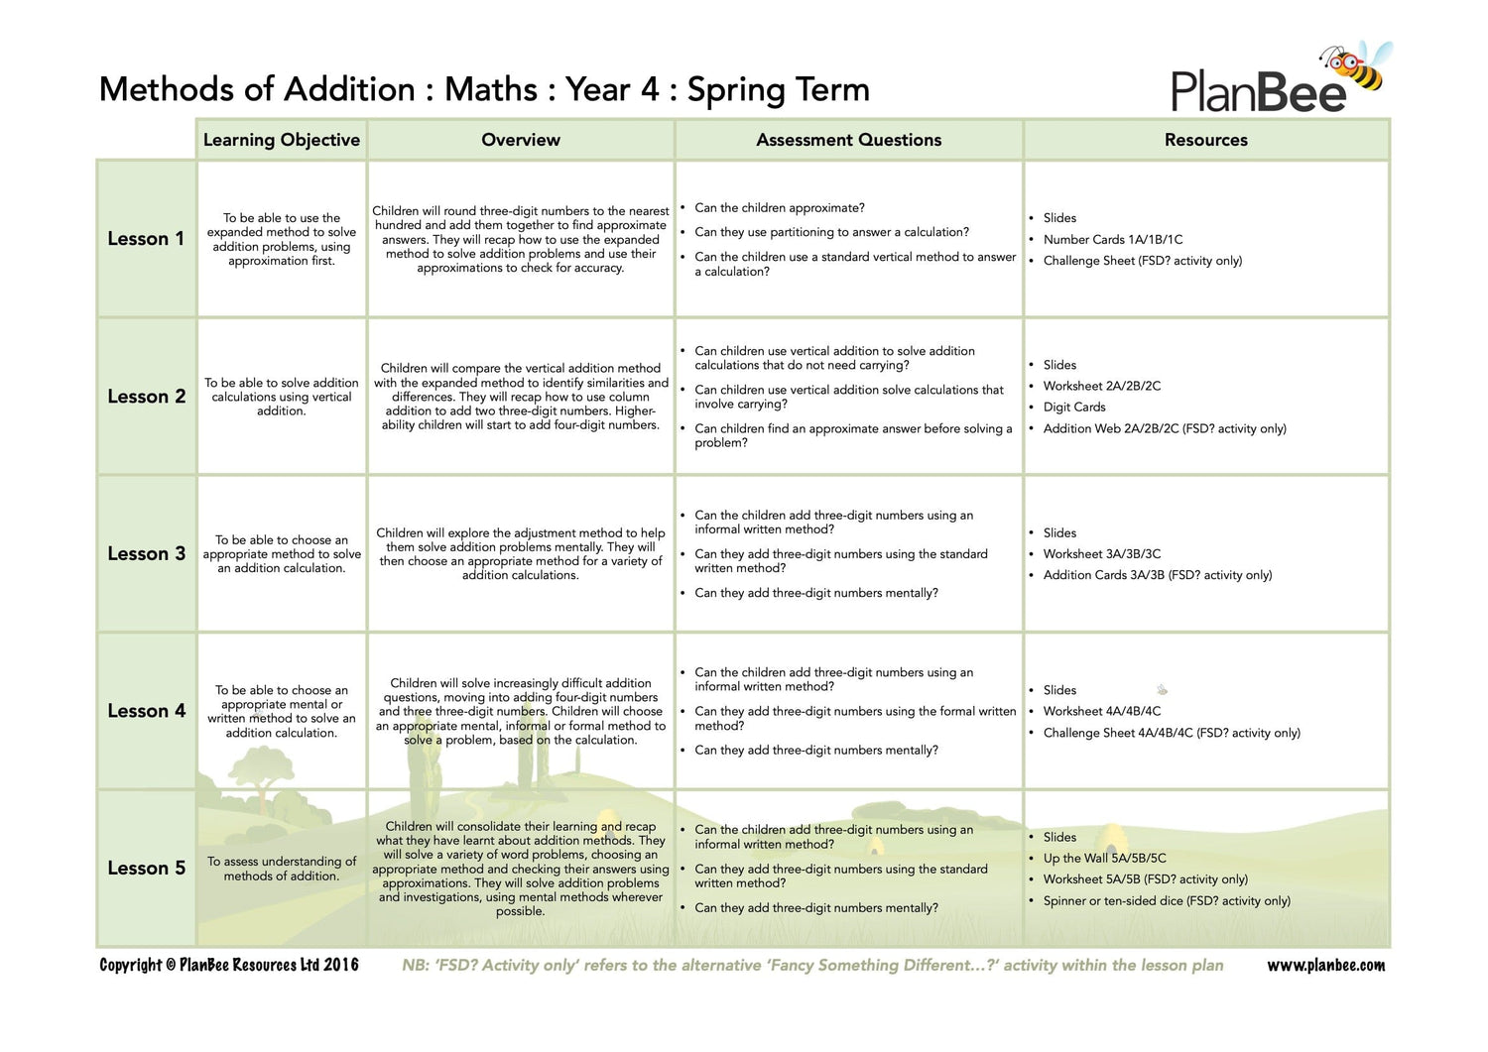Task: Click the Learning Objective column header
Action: click(x=282, y=140)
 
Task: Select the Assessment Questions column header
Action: click(x=848, y=140)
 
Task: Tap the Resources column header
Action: click(x=1205, y=140)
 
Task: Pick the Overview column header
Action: click(x=521, y=140)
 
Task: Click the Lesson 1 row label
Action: click(x=146, y=239)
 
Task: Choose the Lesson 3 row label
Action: click(x=146, y=554)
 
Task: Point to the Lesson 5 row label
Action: click(x=146, y=869)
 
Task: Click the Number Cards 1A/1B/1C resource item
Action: click(x=1112, y=240)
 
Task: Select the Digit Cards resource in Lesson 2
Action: click(x=1073, y=408)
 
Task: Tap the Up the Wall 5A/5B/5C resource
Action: click(x=1104, y=859)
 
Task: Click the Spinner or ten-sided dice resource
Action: click(x=1166, y=901)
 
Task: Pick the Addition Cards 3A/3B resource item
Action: click(x=1157, y=575)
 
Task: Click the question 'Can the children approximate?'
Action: click(x=779, y=208)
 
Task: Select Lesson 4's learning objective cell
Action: click(x=282, y=711)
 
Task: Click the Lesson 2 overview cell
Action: click(x=521, y=397)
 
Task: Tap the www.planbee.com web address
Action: click(x=1325, y=966)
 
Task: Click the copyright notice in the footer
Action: click(x=229, y=966)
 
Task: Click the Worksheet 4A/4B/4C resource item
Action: click(x=1101, y=712)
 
